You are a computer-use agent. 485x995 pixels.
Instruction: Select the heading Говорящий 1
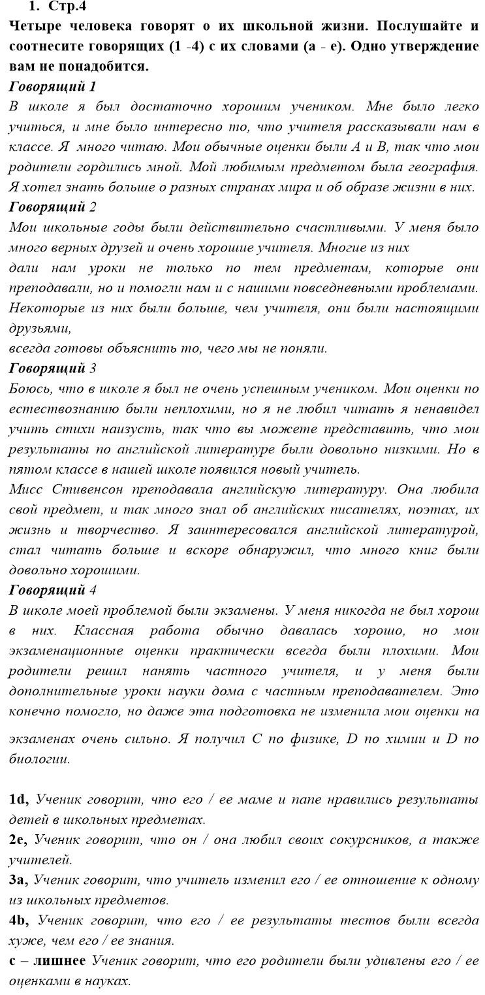52,86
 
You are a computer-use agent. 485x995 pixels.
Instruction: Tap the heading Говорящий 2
52,207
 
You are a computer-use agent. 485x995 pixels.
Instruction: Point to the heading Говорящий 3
52,368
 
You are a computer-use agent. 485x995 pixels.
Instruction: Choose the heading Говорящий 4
52,590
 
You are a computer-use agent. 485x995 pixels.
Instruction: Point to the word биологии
39,760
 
